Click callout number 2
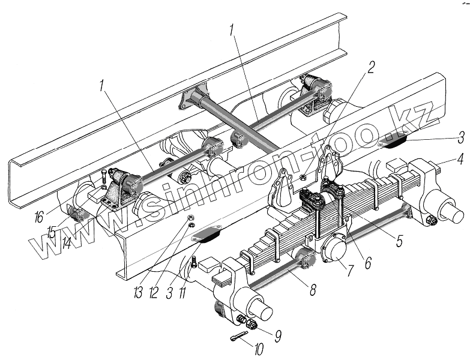371,67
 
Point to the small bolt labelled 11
196,262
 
